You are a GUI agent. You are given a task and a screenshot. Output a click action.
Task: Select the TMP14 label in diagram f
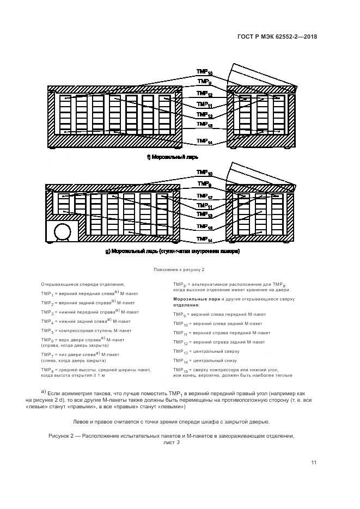(205, 142)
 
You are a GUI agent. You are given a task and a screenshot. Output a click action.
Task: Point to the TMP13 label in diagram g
(205, 216)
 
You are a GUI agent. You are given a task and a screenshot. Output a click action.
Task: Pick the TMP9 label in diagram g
(205, 184)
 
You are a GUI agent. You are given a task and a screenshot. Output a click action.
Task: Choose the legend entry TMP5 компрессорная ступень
(86, 330)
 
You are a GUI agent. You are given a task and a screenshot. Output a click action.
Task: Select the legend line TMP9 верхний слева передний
(220, 314)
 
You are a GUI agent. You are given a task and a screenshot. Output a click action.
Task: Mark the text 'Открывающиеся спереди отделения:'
(83, 284)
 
